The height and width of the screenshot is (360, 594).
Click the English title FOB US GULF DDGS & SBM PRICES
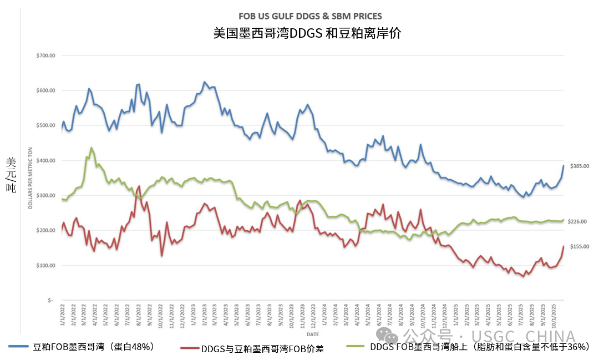310,17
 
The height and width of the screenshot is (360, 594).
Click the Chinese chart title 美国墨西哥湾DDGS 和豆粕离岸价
307,33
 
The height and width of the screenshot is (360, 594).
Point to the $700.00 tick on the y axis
45,55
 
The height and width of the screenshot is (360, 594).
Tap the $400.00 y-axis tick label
45,160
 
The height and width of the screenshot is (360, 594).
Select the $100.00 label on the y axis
45,265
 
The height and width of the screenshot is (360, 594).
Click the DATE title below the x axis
313,334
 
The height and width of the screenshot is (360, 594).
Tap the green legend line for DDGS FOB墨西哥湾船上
355,347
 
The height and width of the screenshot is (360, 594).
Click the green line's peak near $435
91,148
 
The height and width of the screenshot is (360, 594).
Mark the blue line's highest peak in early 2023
204,82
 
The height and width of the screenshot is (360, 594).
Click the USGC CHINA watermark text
523,337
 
